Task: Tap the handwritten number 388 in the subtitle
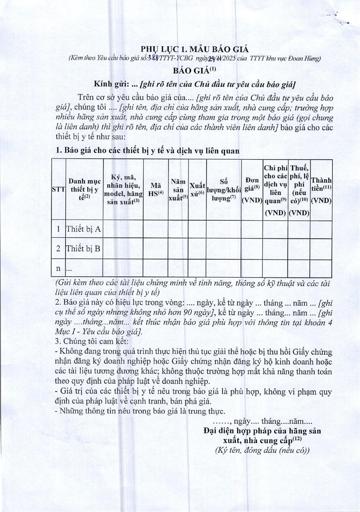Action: (x=152, y=58)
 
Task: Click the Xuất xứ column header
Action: (x=197, y=189)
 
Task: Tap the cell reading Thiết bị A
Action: (x=84, y=229)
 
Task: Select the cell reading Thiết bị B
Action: (x=83, y=249)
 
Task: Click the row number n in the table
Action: (x=58, y=269)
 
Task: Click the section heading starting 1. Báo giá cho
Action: (x=147, y=151)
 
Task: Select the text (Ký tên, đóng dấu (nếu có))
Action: (x=262, y=451)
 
